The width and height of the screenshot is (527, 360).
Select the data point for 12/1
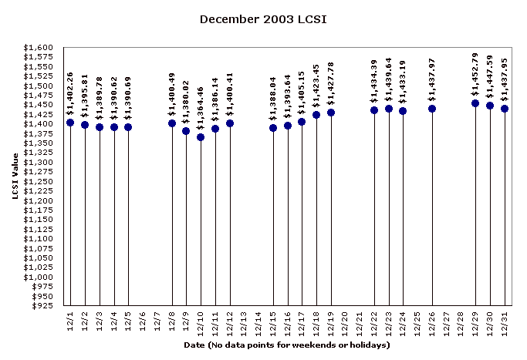[x=70, y=123]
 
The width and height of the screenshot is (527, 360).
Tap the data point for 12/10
[x=201, y=137]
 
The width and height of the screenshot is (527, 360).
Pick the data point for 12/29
[x=475, y=103]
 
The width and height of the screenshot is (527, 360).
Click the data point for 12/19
[x=331, y=113]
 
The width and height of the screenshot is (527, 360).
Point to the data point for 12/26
[x=432, y=109]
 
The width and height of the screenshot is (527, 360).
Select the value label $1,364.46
[x=201, y=109]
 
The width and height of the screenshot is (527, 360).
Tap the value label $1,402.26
[x=70, y=94]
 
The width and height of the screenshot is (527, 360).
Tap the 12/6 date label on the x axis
[x=143, y=319]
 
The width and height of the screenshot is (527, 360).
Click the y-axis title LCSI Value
[x=15, y=176]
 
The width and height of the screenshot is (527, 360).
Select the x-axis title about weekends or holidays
[x=287, y=345]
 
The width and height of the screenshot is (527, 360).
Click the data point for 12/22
[x=374, y=110]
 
